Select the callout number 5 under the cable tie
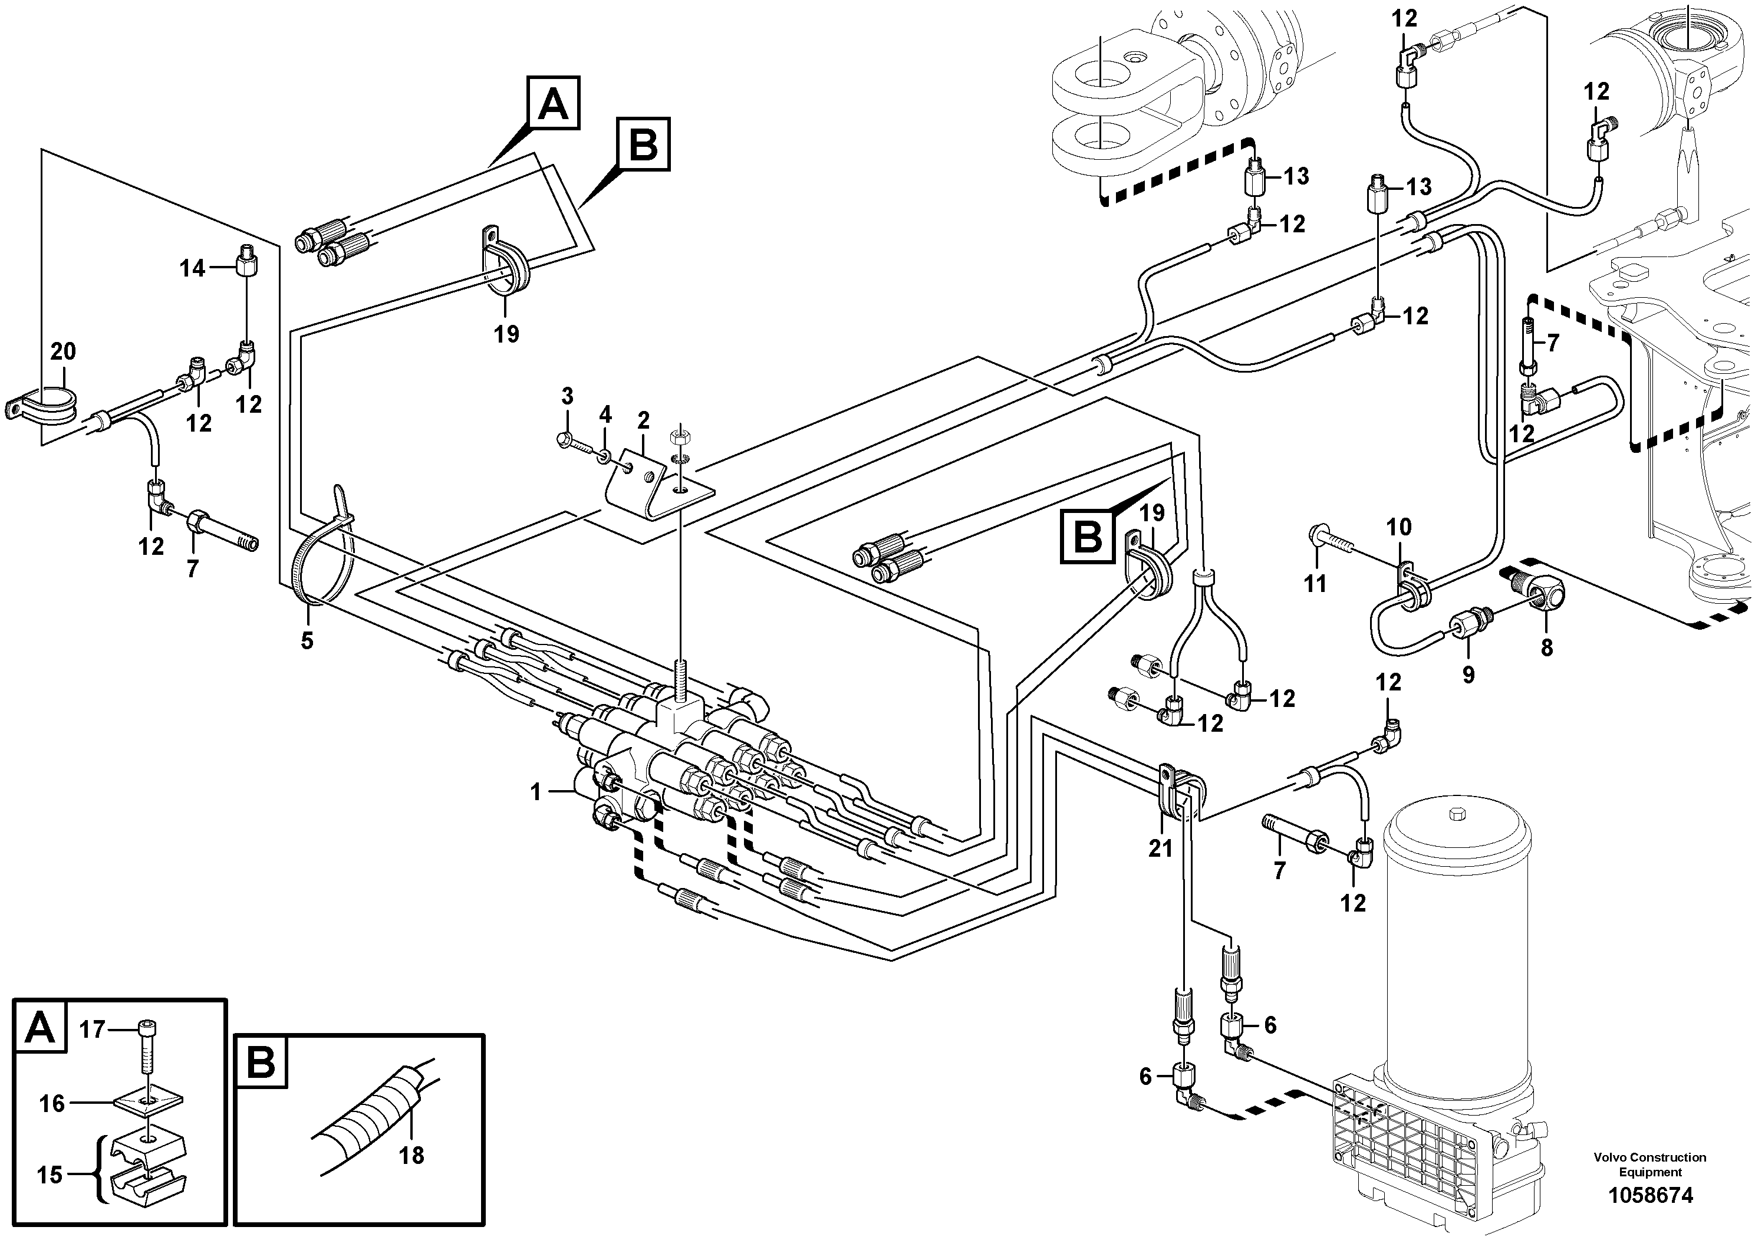307,641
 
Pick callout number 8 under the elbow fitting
1546,647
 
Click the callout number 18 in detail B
411,1155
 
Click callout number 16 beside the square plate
52,1104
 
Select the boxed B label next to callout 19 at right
1088,537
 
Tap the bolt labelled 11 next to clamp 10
1330,544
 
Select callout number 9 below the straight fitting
1468,675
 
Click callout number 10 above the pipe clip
1399,527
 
